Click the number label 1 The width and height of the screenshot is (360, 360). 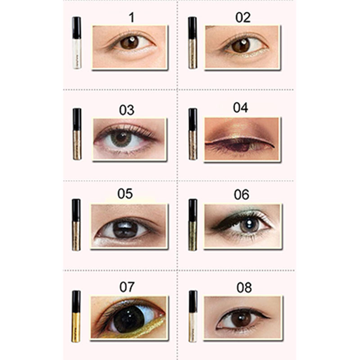point(131,18)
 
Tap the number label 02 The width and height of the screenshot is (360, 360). point(243,18)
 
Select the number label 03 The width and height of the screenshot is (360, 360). point(126,110)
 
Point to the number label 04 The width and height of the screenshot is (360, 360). point(240,108)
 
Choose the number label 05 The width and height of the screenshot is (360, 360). point(125,193)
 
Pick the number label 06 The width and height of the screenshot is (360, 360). point(241,195)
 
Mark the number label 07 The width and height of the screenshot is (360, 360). point(127,287)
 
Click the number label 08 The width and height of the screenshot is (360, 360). point(244,288)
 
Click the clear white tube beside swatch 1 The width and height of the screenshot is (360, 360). point(76,43)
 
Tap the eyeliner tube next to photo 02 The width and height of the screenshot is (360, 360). point(193,43)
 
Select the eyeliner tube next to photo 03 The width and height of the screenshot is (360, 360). point(77,134)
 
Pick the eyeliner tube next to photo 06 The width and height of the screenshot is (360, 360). point(193,225)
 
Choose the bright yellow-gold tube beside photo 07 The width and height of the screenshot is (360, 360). point(76,316)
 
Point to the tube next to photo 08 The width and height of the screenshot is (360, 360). point(193,316)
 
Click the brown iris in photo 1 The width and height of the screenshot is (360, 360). point(129,42)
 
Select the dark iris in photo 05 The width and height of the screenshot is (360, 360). point(125,229)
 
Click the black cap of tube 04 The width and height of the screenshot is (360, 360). point(193,119)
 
